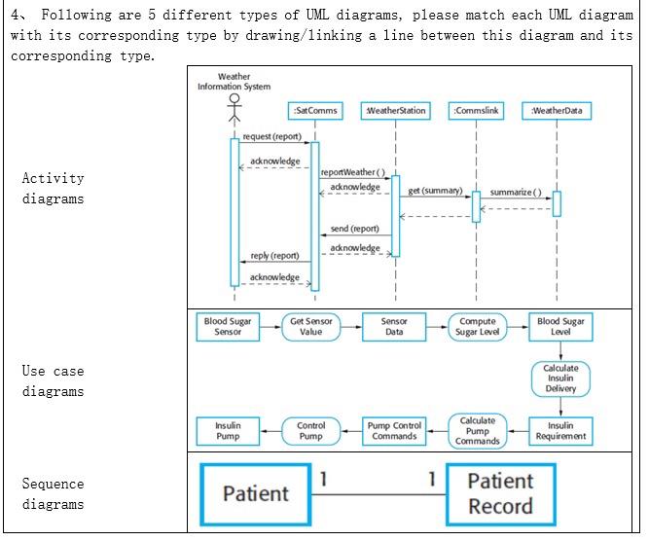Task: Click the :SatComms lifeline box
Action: click(x=314, y=111)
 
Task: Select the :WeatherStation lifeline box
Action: click(x=395, y=111)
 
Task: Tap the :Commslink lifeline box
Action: click(x=476, y=111)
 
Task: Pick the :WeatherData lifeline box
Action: click(x=557, y=111)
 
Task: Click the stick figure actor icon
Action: click(x=234, y=107)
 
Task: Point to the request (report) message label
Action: click(x=271, y=137)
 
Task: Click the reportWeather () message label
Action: click(x=353, y=172)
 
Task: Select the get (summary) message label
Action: click(x=435, y=191)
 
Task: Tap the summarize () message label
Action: click(x=516, y=192)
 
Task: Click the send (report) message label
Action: click(x=354, y=229)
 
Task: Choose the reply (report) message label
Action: click(x=274, y=256)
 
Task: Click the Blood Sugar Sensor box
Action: click(x=228, y=327)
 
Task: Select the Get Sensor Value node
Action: click(x=311, y=327)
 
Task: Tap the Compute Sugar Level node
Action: click(x=477, y=327)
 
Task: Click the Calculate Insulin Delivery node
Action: click(x=560, y=379)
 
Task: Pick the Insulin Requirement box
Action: click(x=560, y=431)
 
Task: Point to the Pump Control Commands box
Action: click(x=394, y=431)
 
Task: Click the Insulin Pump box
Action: click(x=228, y=431)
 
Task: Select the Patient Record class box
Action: click(x=500, y=494)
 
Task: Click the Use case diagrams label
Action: click(x=54, y=381)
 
